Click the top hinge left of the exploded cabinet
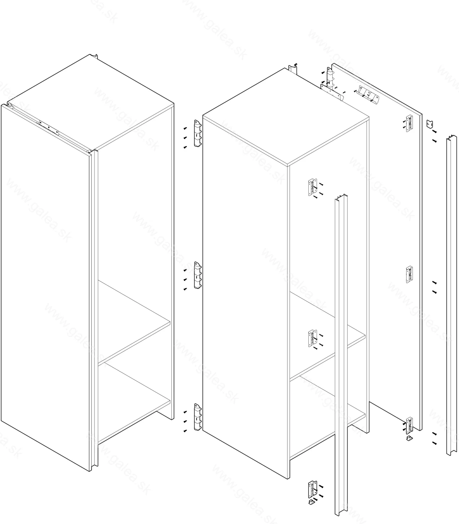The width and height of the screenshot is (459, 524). pos(198,134)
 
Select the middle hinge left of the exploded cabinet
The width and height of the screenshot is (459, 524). pos(198,275)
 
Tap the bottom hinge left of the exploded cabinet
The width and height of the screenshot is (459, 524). pos(198,417)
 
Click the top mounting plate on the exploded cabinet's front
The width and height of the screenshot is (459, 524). pos(313,187)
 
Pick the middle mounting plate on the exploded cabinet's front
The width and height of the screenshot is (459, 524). pos(313,338)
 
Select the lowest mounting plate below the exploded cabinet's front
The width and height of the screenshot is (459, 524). pos(313,490)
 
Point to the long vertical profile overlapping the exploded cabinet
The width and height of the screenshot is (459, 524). pos(341,355)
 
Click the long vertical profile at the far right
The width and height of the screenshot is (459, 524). pos(452,295)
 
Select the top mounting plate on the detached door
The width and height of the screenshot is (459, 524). pos(409,123)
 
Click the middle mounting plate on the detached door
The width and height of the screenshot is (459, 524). pos(409,274)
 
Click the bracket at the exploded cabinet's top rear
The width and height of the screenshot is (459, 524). pos(293,69)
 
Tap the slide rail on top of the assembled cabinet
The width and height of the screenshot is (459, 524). pos(49,128)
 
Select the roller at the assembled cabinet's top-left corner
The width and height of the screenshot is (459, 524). pos(10,104)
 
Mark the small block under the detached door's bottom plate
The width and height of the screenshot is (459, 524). pos(409,438)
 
